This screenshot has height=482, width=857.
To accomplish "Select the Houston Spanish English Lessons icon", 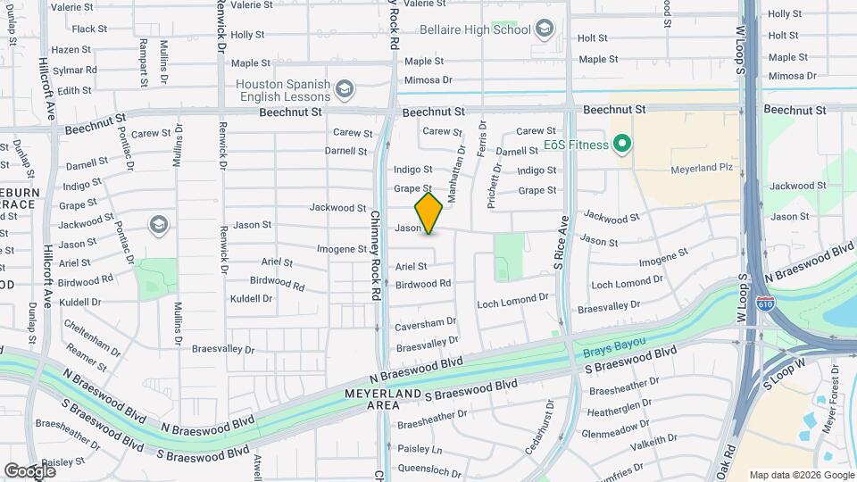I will point(345,89).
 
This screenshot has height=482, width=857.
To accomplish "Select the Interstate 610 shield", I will point(765,304).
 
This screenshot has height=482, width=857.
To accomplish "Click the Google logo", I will point(29,470).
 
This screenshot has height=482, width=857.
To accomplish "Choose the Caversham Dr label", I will point(426,321).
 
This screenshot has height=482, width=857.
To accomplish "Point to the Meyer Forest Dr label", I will point(832,393).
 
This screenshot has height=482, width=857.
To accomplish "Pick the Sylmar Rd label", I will point(72,71).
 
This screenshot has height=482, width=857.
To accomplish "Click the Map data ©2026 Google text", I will point(801,475).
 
